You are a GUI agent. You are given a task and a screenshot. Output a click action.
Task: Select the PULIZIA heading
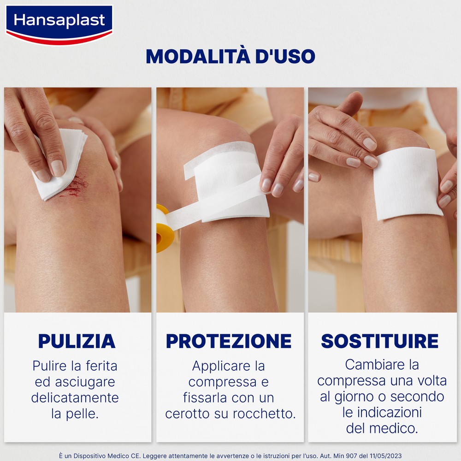(77, 341)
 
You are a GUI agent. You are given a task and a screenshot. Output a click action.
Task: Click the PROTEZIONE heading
(229, 341)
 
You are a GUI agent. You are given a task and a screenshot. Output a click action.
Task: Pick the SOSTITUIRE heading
(380, 341)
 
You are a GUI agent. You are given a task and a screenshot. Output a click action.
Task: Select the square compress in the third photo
(407, 183)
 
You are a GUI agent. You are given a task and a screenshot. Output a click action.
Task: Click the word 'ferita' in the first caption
(102, 366)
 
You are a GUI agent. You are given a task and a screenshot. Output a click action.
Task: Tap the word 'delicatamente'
(75, 398)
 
